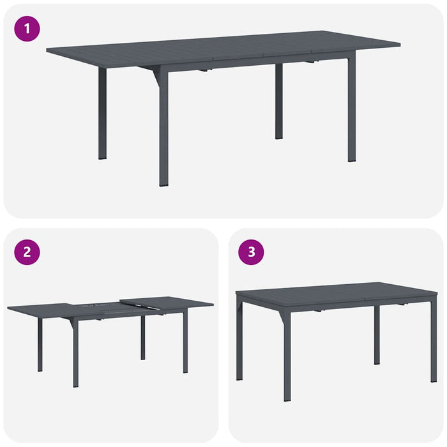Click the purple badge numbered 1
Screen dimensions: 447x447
[x=27, y=28]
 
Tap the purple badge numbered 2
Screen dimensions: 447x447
[x=27, y=252]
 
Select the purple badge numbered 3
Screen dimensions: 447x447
[x=251, y=252]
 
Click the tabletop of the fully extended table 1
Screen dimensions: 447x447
[x=223, y=48]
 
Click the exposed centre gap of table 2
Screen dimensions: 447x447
[x=99, y=308]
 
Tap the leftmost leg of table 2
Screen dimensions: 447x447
[x=40, y=345]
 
